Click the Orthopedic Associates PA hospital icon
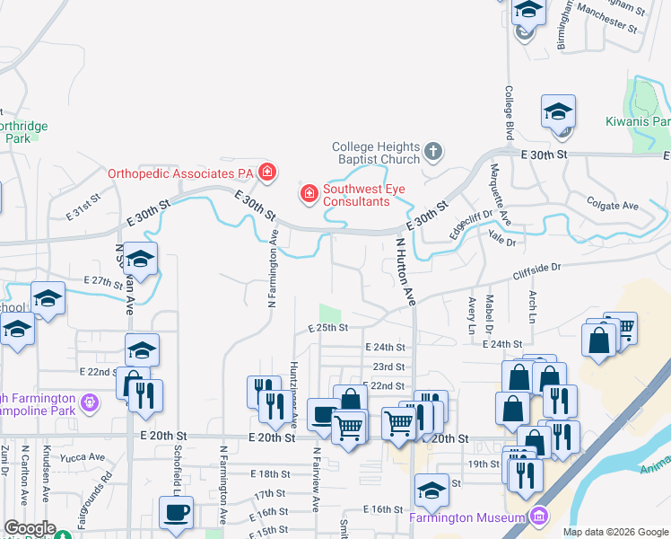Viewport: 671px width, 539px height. pyautogui.click(x=266, y=172)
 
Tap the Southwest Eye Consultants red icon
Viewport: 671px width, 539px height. pyautogui.click(x=309, y=194)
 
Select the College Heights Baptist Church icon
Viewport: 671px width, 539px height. pyautogui.click(x=433, y=151)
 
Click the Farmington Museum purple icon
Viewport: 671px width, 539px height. pyautogui.click(x=538, y=517)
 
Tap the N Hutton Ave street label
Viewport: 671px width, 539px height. pyautogui.click(x=405, y=269)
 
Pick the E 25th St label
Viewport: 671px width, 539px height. pyautogui.click(x=327, y=329)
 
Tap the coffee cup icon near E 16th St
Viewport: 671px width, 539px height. pyautogui.click(x=176, y=512)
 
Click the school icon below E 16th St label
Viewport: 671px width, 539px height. pyautogui.click(x=431, y=490)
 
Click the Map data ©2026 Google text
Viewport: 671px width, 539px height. pyautogui.click(x=614, y=532)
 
